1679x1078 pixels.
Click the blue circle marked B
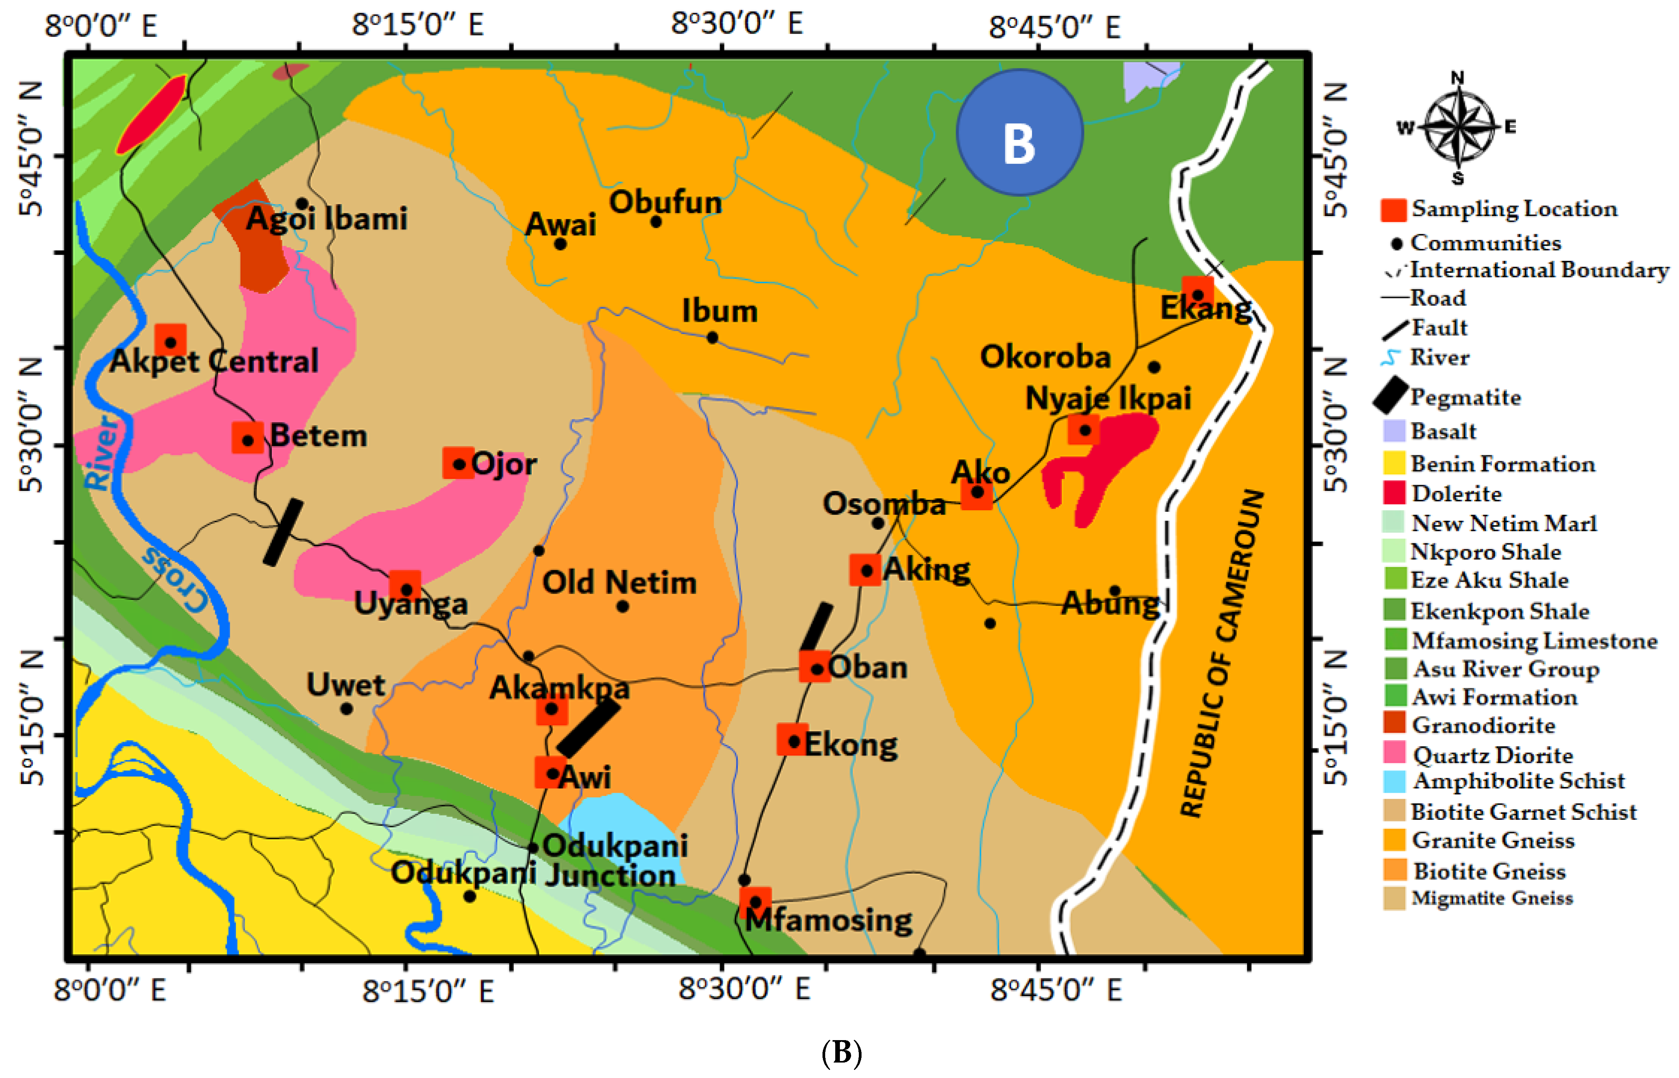(1019, 132)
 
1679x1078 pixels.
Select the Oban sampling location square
(815, 666)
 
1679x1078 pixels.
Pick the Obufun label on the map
(665, 202)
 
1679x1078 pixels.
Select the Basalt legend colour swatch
(1394, 431)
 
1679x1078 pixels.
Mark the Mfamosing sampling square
(755, 902)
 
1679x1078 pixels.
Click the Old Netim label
(619, 582)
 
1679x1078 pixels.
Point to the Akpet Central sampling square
(170, 340)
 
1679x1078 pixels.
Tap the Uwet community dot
(346, 708)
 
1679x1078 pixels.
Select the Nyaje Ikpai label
(1107, 398)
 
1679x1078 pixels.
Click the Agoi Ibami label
(326, 218)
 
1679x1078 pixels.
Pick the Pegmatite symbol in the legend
(1391, 395)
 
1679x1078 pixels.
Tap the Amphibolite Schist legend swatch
(1394, 780)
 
